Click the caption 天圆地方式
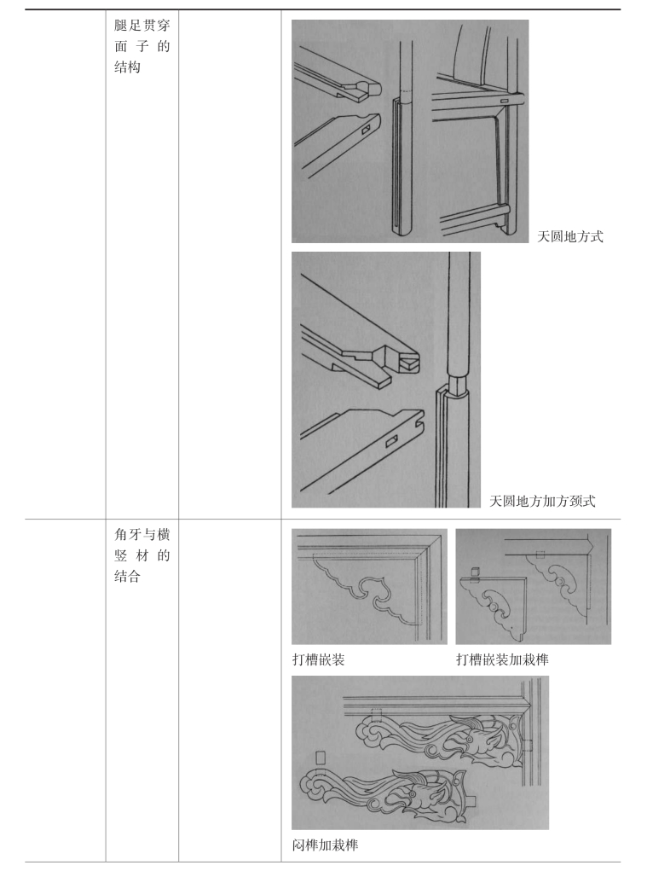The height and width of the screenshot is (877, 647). coord(570,236)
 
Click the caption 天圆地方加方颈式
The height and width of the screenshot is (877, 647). coord(542,501)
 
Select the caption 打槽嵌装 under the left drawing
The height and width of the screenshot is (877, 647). coord(318,659)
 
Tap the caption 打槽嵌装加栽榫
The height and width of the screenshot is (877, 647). coord(502,659)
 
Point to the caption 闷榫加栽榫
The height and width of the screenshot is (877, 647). coord(325,845)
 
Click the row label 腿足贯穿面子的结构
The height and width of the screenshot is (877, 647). coord(142,46)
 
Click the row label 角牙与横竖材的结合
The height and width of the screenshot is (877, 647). coord(142,555)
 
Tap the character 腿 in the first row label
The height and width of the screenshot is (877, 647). coord(121,26)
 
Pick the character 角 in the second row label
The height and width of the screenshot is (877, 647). coord(121,535)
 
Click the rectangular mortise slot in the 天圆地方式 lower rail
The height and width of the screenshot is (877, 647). coord(366,130)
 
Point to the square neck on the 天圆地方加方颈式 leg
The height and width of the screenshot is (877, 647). coord(457,383)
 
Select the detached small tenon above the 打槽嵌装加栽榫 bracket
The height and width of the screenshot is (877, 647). coord(476,572)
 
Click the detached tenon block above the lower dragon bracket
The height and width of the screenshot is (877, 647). coord(321,758)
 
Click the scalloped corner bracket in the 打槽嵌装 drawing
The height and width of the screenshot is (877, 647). coord(366,587)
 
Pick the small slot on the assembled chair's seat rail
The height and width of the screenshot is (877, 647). coord(505,101)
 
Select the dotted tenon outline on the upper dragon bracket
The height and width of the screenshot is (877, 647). coord(377,716)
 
